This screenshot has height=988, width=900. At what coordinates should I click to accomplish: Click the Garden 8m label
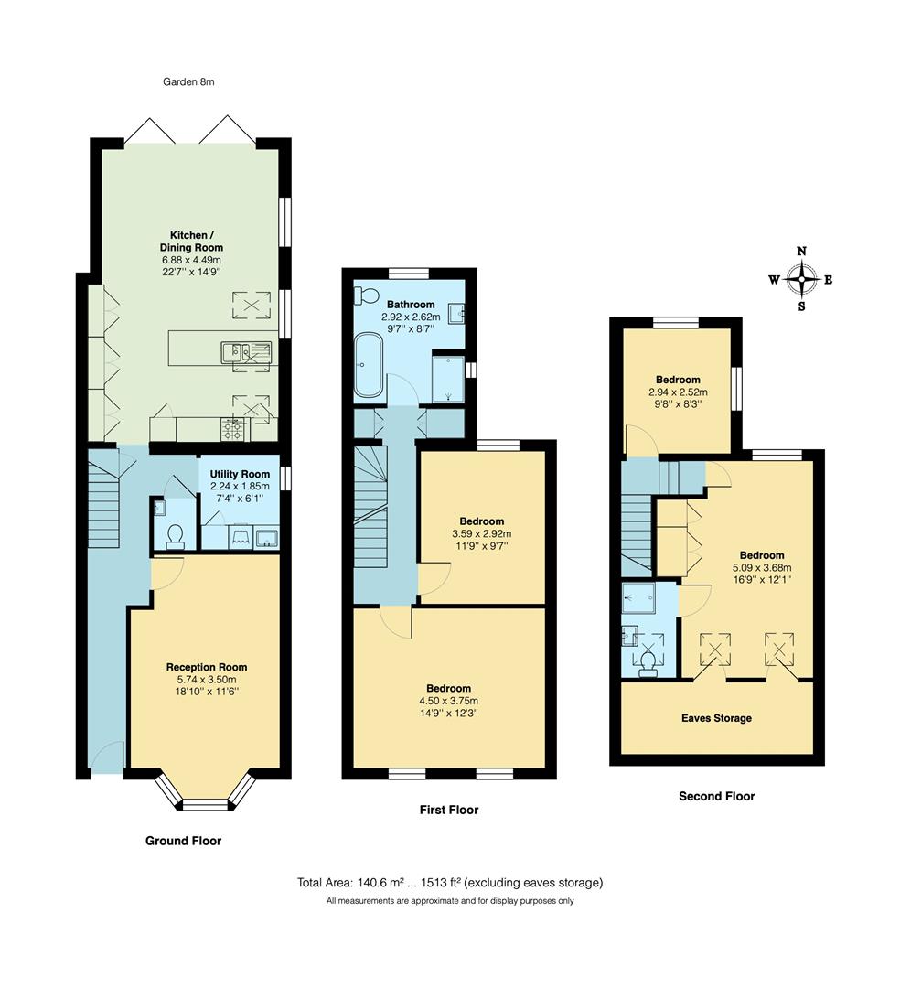[x=188, y=81]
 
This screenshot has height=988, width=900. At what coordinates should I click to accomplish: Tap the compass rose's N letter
[x=801, y=251]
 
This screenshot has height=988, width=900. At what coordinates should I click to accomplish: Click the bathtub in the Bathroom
[x=369, y=365]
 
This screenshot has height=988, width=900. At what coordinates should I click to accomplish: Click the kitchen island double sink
[x=245, y=349]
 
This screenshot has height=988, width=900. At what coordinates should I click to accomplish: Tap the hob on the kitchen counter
[x=231, y=427]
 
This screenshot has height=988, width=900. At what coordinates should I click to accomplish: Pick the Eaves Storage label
[x=716, y=718]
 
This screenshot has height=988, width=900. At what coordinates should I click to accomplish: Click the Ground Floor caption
[x=183, y=841]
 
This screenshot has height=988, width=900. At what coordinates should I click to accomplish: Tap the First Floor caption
[x=448, y=810]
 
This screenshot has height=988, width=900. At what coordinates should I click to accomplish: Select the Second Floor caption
[x=716, y=796]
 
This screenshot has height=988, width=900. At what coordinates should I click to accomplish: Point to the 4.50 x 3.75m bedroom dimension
[x=448, y=701]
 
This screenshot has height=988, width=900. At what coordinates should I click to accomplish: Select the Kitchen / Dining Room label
[x=191, y=241]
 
